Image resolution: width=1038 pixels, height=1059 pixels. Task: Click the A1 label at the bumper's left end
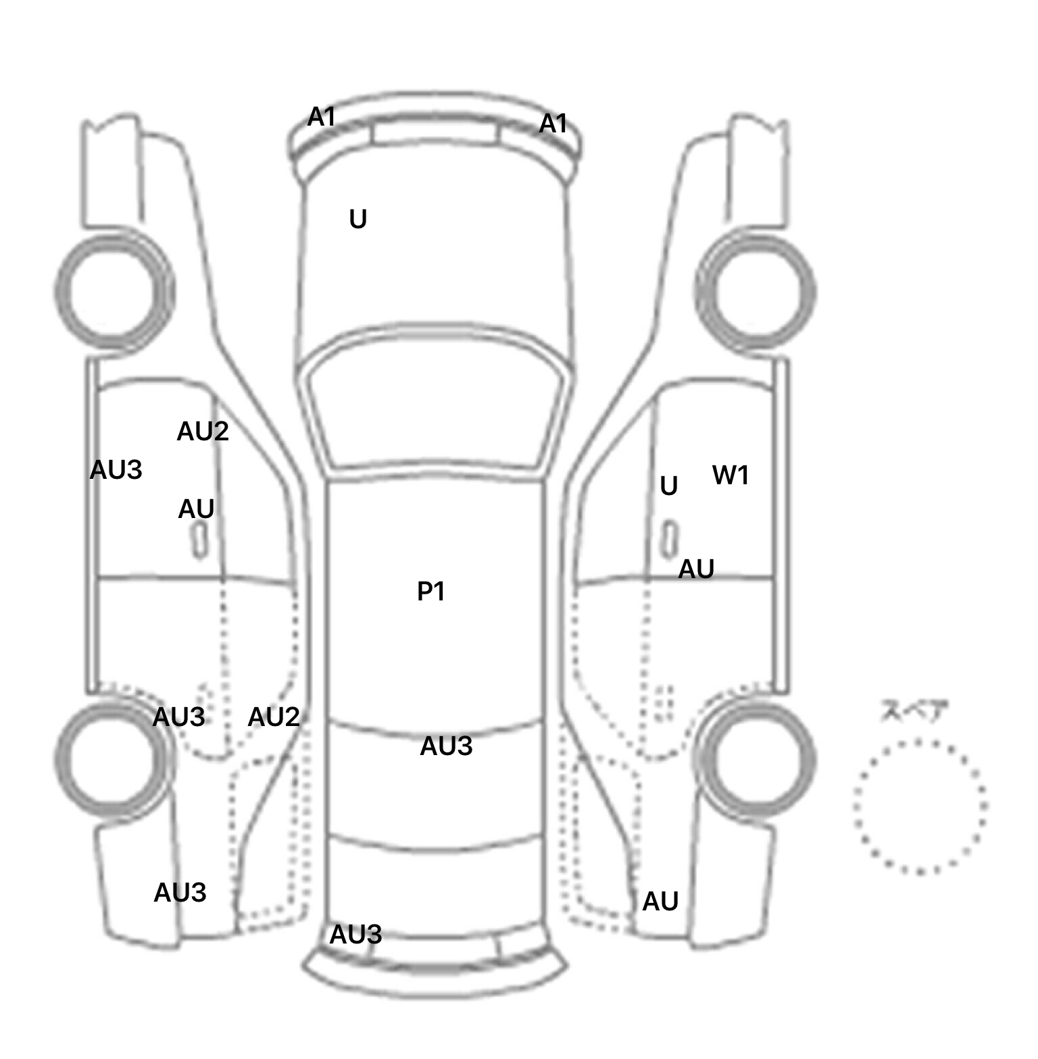click(322, 118)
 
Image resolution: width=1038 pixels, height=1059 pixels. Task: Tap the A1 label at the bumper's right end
click(553, 124)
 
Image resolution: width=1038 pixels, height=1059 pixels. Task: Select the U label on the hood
click(358, 219)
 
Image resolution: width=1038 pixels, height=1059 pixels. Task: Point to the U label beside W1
click(669, 486)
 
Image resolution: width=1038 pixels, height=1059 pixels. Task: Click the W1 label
click(731, 475)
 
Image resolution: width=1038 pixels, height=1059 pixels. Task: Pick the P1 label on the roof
click(431, 592)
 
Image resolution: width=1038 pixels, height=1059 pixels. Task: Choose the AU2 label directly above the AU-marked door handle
click(203, 432)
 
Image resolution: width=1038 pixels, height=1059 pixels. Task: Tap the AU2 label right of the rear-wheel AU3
click(274, 717)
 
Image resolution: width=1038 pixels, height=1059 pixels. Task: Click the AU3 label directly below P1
click(446, 746)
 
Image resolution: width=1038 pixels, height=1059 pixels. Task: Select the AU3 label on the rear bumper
click(355, 935)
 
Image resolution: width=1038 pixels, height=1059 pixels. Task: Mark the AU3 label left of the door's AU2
click(116, 470)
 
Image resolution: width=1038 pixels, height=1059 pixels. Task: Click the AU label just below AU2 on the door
click(196, 509)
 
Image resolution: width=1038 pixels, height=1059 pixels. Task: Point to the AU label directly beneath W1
click(696, 569)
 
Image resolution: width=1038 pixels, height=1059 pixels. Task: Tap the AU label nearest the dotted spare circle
click(660, 902)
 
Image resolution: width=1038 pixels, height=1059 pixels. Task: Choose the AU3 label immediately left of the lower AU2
click(179, 717)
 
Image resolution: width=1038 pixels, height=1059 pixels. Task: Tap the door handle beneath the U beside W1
click(670, 540)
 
